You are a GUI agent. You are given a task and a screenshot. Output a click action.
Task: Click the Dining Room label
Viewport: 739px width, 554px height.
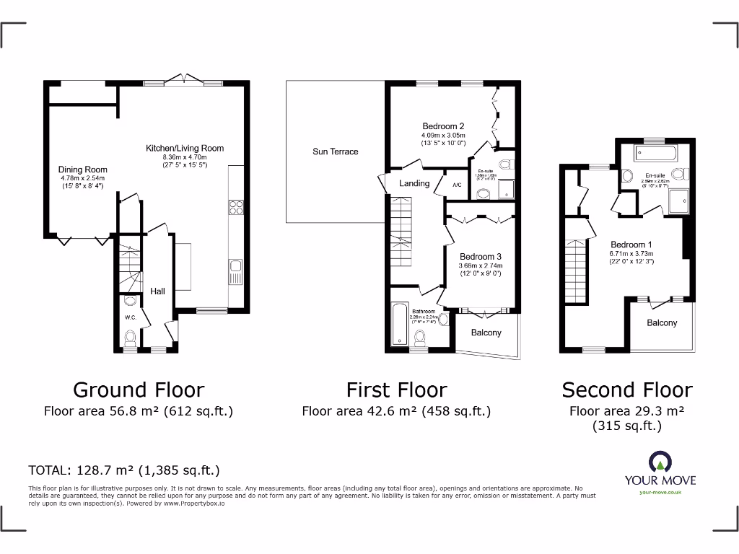pyautogui.click(x=82, y=170)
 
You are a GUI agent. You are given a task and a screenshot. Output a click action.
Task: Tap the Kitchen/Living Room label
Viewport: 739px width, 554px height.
pyautogui.click(x=185, y=148)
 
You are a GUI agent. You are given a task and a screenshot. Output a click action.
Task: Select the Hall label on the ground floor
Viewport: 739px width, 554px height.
pyautogui.click(x=157, y=291)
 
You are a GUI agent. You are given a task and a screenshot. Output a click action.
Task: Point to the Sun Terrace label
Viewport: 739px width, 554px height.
pyautogui.click(x=335, y=151)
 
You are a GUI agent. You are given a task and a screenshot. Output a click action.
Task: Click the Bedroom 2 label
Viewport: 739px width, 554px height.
pyautogui.click(x=442, y=126)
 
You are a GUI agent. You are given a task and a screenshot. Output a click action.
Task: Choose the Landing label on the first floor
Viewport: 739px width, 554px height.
pyautogui.click(x=414, y=183)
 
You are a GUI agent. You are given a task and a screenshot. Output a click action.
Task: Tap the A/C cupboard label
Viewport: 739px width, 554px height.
pyautogui.click(x=457, y=185)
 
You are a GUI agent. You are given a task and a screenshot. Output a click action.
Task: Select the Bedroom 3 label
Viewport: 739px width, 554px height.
pyautogui.click(x=480, y=257)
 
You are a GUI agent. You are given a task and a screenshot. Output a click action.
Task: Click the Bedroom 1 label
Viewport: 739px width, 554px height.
pyautogui.click(x=631, y=244)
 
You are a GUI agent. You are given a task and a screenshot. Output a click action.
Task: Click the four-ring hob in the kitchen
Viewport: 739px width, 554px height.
pyautogui.click(x=235, y=207)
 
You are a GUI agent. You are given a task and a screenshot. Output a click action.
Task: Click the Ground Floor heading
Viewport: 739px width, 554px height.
pyautogui.click(x=139, y=390)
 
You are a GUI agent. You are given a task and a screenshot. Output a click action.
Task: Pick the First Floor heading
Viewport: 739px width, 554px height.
pyautogui.click(x=396, y=390)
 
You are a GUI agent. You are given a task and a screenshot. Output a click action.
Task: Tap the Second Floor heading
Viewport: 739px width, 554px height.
pyautogui.click(x=626, y=390)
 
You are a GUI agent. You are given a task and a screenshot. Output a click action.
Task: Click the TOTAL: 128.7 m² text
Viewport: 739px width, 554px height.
pyautogui.click(x=123, y=470)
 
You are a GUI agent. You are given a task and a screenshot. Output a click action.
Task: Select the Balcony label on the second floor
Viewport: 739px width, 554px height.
pyautogui.click(x=661, y=323)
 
